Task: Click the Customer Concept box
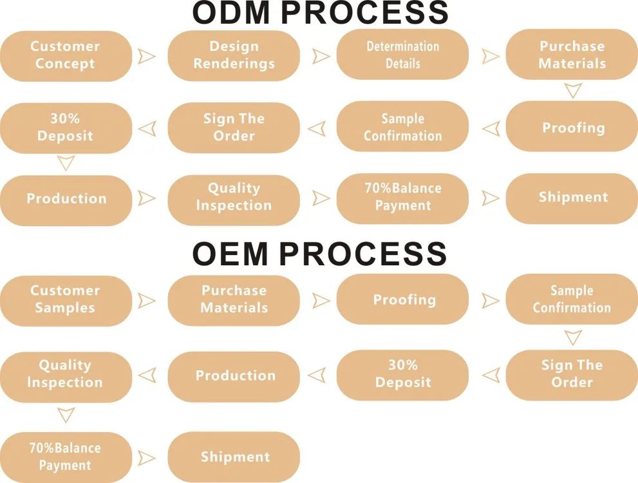pyautogui.click(x=66, y=55)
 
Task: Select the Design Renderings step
pyautogui.click(x=234, y=55)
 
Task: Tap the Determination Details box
pyautogui.click(x=402, y=55)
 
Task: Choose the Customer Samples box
pyautogui.click(x=66, y=299)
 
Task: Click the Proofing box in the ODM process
pyautogui.click(x=572, y=128)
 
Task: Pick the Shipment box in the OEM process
pyautogui.click(x=234, y=457)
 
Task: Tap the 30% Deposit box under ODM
pyautogui.click(x=66, y=128)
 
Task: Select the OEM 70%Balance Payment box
pyautogui.click(x=66, y=457)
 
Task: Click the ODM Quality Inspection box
pyautogui.click(x=234, y=198)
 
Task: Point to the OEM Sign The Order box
pyautogui.click(x=572, y=374)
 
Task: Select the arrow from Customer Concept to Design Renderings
pyautogui.click(x=147, y=56)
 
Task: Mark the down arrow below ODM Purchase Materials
pyautogui.click(x=572, y=91)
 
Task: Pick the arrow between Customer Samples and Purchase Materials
pyautogui.click(x=147, y=300)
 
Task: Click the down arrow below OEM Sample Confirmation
pyautogui.click(x=572, y=337)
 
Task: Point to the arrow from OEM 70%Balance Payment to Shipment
pyautogui.click(x=147, y=458)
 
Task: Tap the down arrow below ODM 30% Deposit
pyautogui.click(x=66, y=164)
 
